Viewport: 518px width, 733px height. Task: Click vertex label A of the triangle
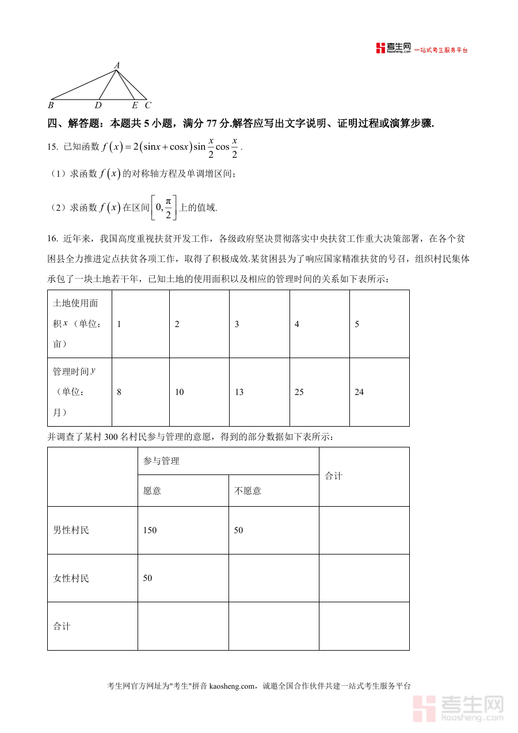coord(117,66)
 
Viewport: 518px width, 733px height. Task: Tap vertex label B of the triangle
coord(51,105)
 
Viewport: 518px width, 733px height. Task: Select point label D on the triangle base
coord(98,105)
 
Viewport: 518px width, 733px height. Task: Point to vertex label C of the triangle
coord(147,105)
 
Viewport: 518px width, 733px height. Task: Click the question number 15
coord(52,147)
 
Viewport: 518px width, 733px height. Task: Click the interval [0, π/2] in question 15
coord(163,207)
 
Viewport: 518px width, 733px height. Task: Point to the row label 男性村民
coord(71,530)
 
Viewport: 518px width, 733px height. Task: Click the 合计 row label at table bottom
coord(62,626)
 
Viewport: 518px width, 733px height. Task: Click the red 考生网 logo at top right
coord(393,48)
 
